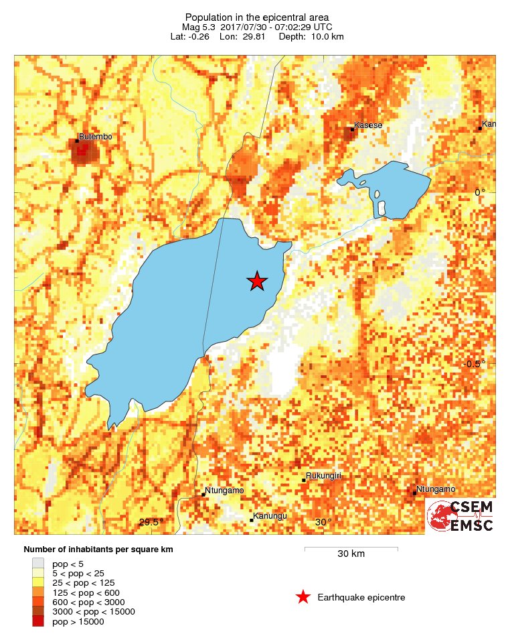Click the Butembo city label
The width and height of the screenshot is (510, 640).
click(95, 137)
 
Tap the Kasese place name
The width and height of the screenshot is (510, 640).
click(369, 125)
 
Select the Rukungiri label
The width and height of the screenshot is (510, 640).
click(324, 476)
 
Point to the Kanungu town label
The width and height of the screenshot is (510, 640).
click(271, 516)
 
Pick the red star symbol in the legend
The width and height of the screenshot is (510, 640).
click(303, 597)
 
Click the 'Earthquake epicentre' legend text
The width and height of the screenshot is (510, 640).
click(361, 598)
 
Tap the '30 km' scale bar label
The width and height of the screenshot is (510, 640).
click(351, 554)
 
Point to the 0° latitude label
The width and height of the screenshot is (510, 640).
click(480, 192)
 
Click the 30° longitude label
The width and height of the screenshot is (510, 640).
click(323, 523)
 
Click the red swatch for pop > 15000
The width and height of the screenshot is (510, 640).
click(38, 622)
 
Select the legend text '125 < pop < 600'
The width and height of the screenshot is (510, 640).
click(86, 592)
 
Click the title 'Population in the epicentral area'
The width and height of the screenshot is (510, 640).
click(257, 17)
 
